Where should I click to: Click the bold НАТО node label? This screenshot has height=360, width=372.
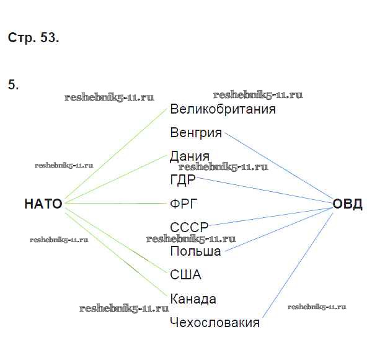tap(43, 204)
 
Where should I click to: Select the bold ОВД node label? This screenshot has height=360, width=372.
tap(347, 204)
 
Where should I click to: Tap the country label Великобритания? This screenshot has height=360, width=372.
tap(223, 109)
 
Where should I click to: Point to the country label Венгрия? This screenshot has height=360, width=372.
tap(195, 133)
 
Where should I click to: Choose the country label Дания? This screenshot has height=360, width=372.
tap(189, 156)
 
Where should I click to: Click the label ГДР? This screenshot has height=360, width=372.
tap(182, 180)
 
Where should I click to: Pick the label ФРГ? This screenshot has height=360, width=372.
tap(184, 204)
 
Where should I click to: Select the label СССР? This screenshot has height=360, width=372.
tap(188, 227)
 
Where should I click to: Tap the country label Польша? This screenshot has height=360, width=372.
tap(195, 251)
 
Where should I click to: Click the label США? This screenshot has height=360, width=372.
tap(185, 274)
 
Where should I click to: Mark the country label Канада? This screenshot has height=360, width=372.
tap(193, 299)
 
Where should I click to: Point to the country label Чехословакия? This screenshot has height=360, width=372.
tap(215, 323)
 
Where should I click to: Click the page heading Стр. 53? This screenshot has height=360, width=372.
tap(33, 38)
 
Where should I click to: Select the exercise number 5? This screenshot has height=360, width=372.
tap(13, 85)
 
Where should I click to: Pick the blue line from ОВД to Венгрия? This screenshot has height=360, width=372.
tap(279, 168)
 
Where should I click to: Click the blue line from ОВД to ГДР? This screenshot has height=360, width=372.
tap(267, 191)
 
